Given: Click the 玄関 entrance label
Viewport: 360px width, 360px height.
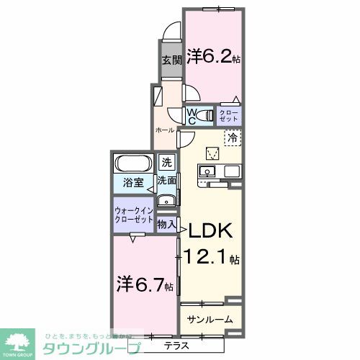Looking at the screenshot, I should (171, 60).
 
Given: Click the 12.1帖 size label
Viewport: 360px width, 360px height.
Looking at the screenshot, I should (213, 257).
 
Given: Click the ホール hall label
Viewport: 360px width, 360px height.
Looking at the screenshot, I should (166, 130).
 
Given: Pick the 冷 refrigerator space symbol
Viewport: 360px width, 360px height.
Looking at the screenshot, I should (232, 136).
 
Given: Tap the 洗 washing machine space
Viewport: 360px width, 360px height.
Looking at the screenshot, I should (167, 162).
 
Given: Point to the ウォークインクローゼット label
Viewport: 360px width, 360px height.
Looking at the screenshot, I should (133, 215).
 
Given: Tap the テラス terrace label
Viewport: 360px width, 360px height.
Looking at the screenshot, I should (176, 345).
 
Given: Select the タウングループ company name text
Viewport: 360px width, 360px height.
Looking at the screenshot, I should (91, 347).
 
